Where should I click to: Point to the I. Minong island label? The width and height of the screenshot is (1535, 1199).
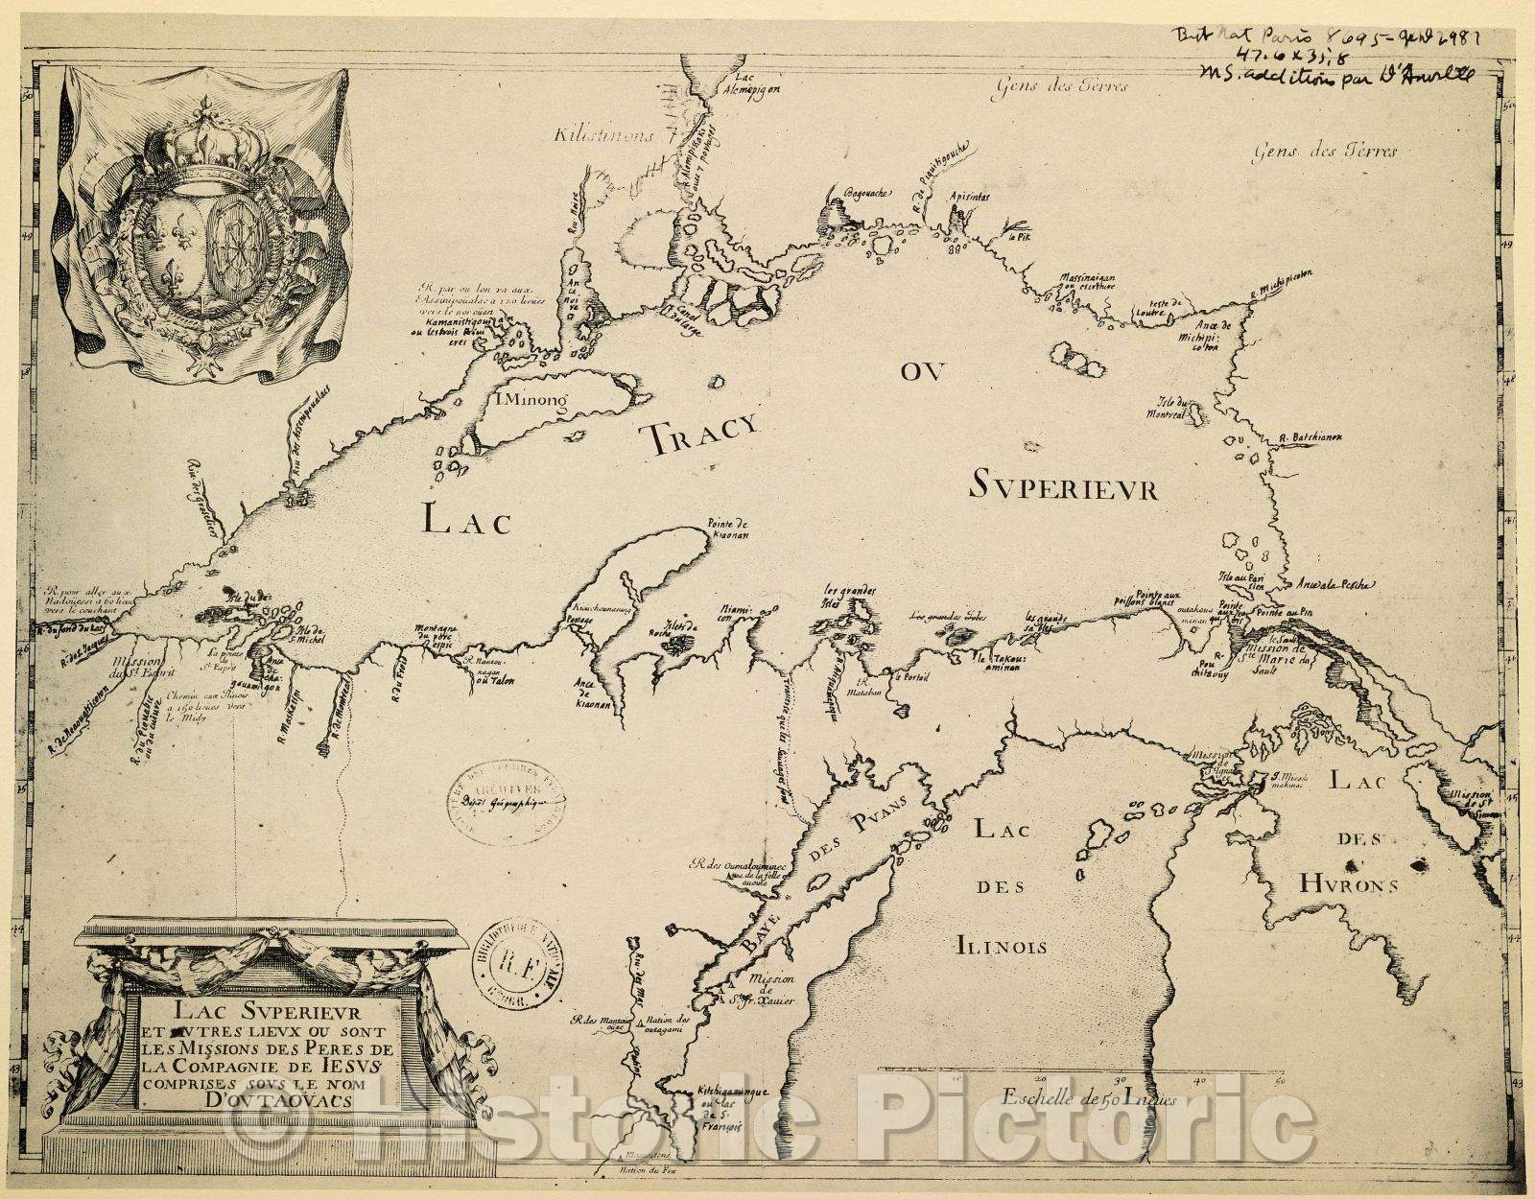tap(531, 400)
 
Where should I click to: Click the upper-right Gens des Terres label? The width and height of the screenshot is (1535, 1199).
tap(1327, 152)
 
